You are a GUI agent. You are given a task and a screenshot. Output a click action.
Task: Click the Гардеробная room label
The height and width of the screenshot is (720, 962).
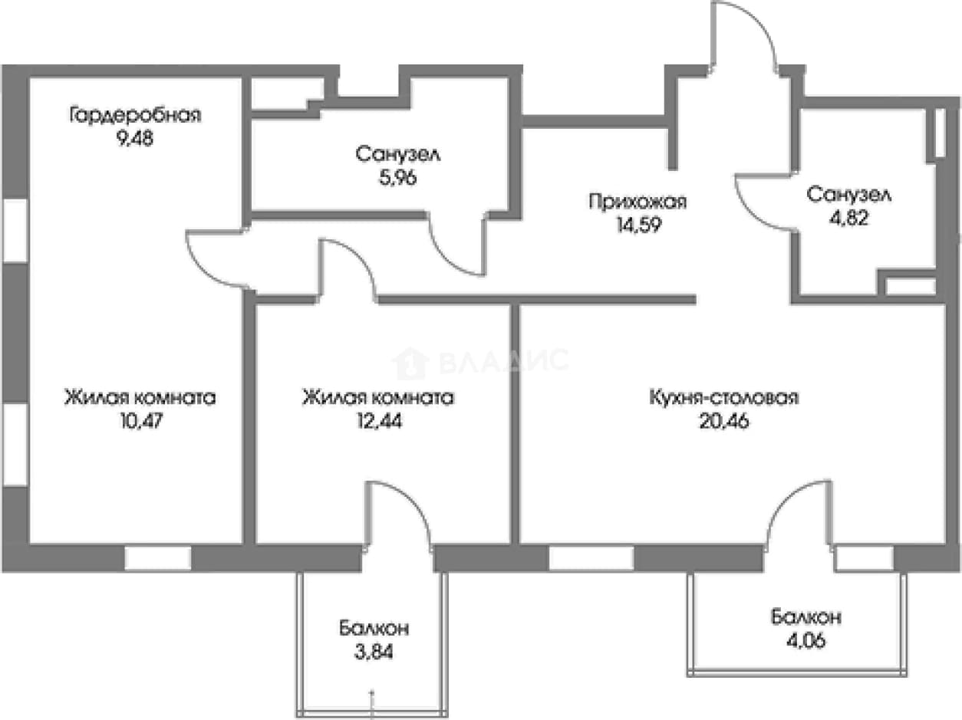(x=136, y=116)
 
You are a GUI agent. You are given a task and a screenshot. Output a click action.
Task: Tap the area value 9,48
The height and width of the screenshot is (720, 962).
(x=135, y=140)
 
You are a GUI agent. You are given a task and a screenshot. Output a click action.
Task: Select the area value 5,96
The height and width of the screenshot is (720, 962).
(x=398, y=178)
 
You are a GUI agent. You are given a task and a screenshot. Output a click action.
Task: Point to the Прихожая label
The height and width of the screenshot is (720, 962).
(x=637, y=202)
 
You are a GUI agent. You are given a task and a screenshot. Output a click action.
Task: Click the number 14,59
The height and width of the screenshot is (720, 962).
(x=638, y=225)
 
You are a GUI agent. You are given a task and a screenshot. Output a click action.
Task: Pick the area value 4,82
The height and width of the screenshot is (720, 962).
(x=849, y=218)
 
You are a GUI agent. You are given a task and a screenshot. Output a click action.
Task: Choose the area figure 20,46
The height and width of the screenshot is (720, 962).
(x=724, y=421)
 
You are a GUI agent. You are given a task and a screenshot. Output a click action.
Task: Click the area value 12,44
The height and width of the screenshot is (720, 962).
(x=380, y=421)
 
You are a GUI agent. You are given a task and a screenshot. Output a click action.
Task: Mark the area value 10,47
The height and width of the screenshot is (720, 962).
(x=141, y=421)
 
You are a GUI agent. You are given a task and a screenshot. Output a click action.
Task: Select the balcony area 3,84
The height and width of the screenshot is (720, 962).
(x=374, y=652)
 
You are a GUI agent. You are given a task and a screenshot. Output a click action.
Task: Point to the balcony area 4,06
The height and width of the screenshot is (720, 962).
(x=806, y=641)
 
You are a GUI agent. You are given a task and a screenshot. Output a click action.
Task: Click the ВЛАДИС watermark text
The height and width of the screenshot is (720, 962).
(x=503, y=360)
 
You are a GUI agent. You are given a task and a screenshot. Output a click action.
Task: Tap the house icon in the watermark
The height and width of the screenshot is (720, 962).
(x=410, y=363)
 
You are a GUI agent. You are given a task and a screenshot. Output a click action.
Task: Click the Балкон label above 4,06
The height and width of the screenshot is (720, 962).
(x=806, y=617)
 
